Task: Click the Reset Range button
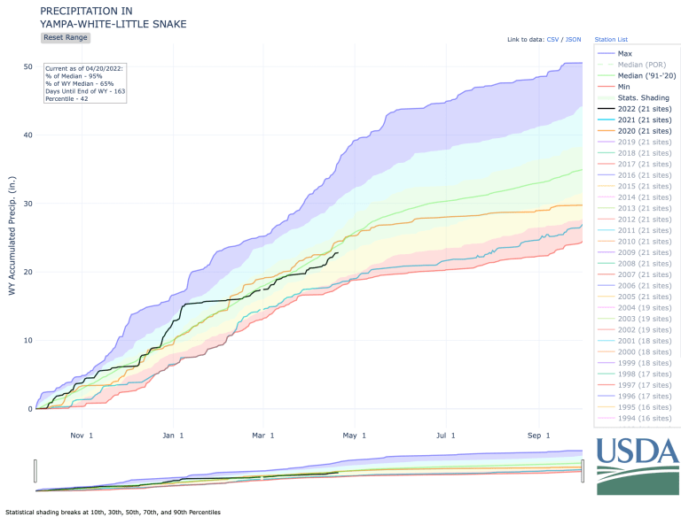click(66, 37)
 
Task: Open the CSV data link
click(552, 40)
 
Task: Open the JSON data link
click(573, 40)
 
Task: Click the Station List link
click(611, 40)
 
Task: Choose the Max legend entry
click(625, 54)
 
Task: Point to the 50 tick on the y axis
click(28, 67)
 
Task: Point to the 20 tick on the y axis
click(28, 272)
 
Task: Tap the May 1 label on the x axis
click(356, 435)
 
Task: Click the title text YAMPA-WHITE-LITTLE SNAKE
click(113, 24)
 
